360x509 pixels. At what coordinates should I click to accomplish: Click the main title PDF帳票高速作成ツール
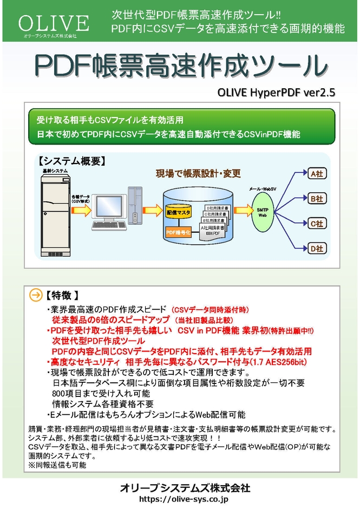181,65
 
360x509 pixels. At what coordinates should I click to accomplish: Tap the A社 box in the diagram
316,174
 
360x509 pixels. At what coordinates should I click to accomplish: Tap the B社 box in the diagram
316,199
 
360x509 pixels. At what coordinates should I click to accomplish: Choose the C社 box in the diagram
316,223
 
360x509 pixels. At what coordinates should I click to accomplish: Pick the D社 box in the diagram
316,248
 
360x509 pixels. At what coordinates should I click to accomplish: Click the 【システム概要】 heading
71,161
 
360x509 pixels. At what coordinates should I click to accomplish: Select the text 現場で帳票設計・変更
198,173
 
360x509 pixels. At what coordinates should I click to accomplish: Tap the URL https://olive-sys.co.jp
185,499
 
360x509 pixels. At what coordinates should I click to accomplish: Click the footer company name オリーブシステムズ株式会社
185,488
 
